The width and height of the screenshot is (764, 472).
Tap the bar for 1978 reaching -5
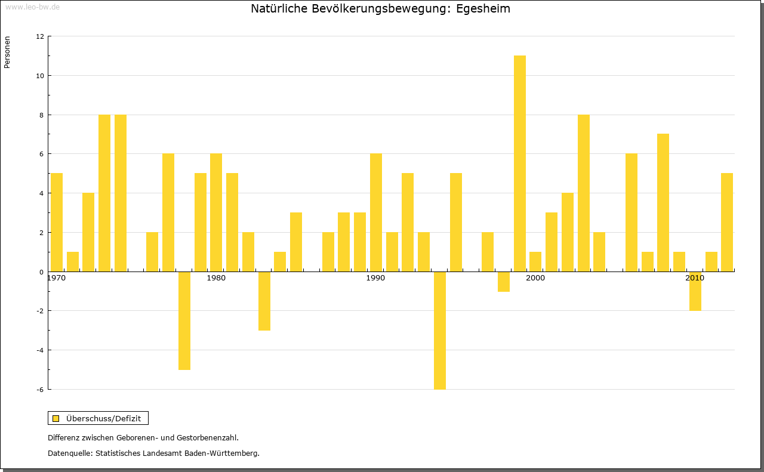pos(184,320)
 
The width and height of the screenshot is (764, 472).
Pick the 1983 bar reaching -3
pos(264,301)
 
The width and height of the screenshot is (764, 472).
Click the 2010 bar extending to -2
pos(695,291)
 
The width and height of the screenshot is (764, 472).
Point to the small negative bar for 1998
pos(504,282)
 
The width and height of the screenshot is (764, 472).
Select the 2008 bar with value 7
pos(663,202)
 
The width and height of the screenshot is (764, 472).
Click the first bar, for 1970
pos(57,222)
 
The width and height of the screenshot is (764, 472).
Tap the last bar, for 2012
pos(727,222)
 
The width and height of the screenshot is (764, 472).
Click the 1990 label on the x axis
pos(375,279)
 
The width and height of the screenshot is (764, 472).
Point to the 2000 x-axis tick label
pos(535,279)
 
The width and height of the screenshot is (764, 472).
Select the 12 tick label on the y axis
pos(40,36)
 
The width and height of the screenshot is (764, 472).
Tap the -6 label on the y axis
pos(39,390)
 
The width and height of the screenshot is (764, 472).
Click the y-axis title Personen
pos(7,53)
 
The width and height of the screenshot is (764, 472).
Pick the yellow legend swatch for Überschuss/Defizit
pos(56,418)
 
